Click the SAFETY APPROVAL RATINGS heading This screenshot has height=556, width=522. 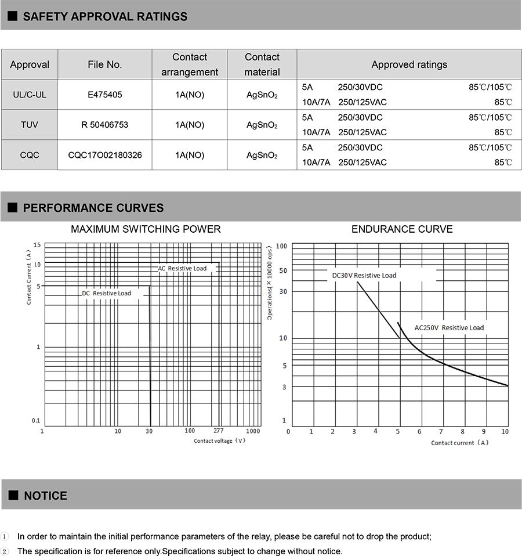click(x=105, y=16)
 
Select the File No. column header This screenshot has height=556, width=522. click(x=105, y=64)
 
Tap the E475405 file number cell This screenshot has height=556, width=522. click(x=105, y=95)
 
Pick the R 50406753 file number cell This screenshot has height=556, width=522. click(x=105, y=125)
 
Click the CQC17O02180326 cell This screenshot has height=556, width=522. click(x=105, y=155)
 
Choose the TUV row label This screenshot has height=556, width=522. click(x=30, y=125)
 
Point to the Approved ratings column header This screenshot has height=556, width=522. click(x=409, y=64)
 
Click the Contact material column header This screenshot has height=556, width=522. click(x=262, y=64)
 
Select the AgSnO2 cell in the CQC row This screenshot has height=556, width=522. click(x=262, y=155)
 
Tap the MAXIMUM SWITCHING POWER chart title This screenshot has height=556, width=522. click(x=146, y=229)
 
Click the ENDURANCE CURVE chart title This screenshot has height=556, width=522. click(x=402, y=229)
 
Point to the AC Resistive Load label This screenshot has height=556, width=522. click(x=182, y=268)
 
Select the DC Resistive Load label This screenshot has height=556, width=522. click(x=106, y=293)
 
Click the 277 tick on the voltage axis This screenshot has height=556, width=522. click(x=218, y=431)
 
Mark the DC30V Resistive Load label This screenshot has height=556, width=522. click(x=364, y=275)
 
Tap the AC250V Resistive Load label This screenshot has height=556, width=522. click(x=449, y=328)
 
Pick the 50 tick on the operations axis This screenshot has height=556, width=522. click(x=283, y=270)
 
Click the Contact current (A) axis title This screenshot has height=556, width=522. click(x=460, y=443)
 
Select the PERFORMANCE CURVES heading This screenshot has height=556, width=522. click(x=93, y=208)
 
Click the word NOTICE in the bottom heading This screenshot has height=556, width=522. click(x=45, y=496)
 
